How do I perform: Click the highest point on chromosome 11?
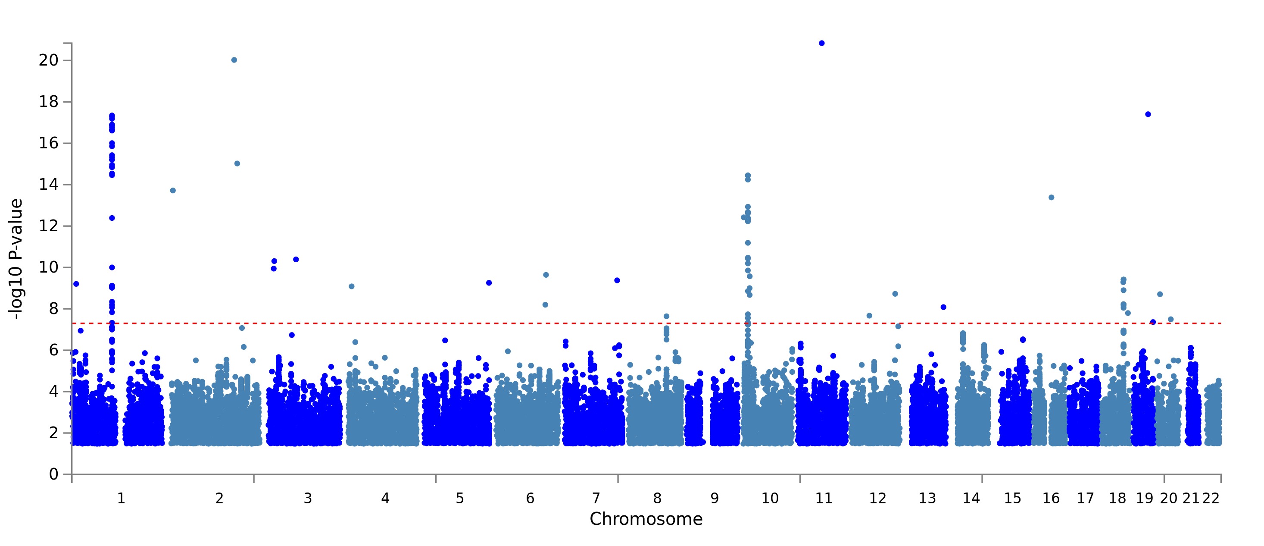pyautogui.click(x=822, y=43)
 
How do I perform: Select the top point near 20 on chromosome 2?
pyautogui.click(x=234, y=60)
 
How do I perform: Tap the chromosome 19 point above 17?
pyautogui.click(x=1148, y=114)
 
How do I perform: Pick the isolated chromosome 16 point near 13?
pyautogui.click(x=1052, y=198)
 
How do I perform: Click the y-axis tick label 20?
pyautogui.click(x=48, y=60)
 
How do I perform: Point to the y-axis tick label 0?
pyautogui.click(x=53, y=474)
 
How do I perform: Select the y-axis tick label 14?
pyautogui.click(x=48, y=185)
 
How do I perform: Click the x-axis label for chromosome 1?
pyautogui.click(x=121, y=499)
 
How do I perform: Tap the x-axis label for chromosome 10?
pyautogui.click(x=770, y=499)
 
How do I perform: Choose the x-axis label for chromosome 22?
pyautogui.click(x=1211, y=499)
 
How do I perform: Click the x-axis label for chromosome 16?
pyautogui.click(x=1051, y=499)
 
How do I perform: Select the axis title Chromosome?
pyautogui.click(x=646, y=519)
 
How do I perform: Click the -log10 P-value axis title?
pyautogui.click(x=16, y=259)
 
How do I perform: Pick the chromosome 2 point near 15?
pyautogui.click(x=237, y=163)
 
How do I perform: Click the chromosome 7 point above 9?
pyautogui.click(x=617, y=280)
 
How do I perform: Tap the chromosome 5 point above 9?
pyautogui.click(x=489, y=283)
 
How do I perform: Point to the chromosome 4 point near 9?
pyautogui.click(x=351, y=286)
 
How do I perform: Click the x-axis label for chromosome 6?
pyautogui.click(x=530, y=499)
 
